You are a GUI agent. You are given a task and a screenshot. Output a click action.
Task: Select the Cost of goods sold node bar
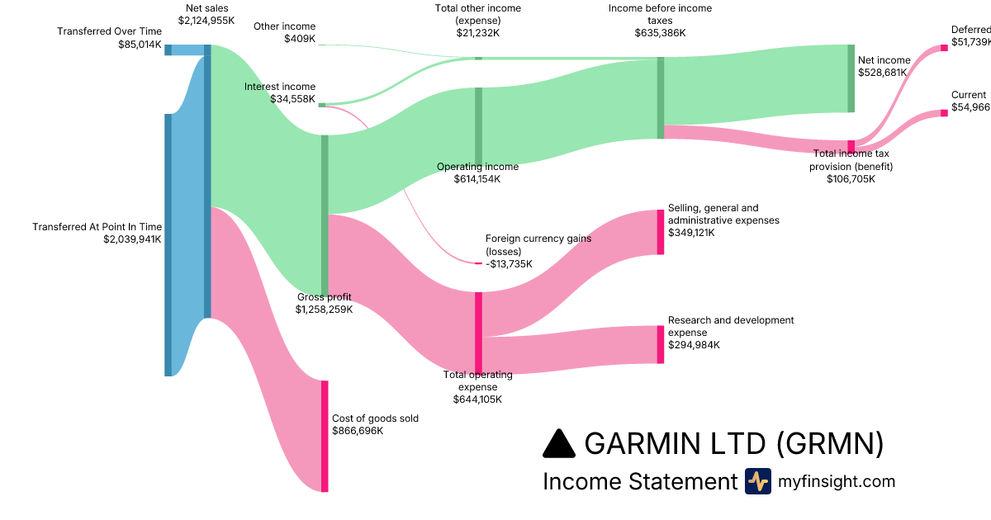(x=325, y=436)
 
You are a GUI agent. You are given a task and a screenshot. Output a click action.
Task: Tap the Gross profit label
(x=325, y=297)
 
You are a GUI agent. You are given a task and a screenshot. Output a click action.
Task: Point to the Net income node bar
(x=851, y=78)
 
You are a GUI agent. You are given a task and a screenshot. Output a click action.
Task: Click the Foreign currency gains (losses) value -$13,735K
(x=509, y=264)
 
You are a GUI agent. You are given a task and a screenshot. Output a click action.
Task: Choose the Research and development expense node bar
(x=661, y=344)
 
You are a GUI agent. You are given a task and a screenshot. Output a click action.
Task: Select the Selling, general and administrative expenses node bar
(x=661, y=232)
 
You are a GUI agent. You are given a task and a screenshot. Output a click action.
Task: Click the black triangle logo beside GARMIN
(x=559, y=443)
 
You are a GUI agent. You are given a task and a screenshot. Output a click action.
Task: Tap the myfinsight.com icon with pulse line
(x=757, y=481)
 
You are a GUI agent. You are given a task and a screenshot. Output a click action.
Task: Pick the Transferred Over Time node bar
(x=168, y=50)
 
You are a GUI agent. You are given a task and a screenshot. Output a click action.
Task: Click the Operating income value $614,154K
(x=477, y=179)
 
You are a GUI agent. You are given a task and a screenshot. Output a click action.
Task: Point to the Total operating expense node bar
(x=478, y=333)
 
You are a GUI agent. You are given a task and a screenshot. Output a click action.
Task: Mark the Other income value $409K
(x=300, y=39)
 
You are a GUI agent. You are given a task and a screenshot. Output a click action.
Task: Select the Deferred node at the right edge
(x=945, y=48)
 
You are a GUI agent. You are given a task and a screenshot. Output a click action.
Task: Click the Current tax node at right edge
(x=945, y=113)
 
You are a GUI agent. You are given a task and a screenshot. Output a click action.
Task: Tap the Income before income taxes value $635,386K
(x=660, y=33)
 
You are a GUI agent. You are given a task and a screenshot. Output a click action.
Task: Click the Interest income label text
(x=280, y=87)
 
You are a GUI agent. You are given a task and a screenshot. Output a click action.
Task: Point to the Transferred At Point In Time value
(x=132, y=239)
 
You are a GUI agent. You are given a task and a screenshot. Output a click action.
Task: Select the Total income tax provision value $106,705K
(x=851, y=178)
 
